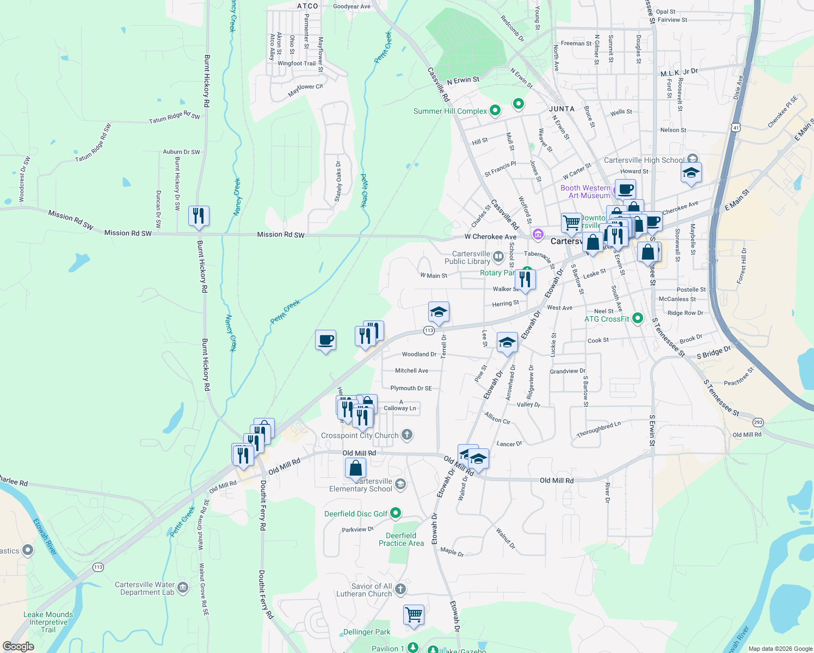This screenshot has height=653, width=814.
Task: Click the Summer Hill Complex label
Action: coord(450,111)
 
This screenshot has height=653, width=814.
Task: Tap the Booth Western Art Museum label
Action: coord(585,192)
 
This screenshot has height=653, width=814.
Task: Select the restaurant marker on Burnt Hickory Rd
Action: coord(199,216)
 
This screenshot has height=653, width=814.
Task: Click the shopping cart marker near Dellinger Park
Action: coord(414,615)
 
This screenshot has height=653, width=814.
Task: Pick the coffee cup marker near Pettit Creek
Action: coord(325,341)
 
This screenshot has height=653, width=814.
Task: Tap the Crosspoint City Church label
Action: coord(360,435)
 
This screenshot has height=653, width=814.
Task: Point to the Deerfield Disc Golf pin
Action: coord(396,513)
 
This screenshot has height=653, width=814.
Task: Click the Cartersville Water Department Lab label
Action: coord(145,588)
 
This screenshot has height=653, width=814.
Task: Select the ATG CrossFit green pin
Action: coord(638,318)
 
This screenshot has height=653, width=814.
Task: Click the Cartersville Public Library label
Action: coord(467,257)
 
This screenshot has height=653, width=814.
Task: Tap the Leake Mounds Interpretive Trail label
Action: coord(48,622)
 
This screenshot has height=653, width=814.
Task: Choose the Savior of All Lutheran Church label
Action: coord(364,590)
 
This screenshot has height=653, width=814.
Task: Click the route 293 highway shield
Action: coord(758,422)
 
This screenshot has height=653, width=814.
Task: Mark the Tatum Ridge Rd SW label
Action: coord(175,118)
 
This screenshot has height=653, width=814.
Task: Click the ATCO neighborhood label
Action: coord(307,6)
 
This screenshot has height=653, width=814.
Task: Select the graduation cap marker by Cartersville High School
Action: coord(690,174)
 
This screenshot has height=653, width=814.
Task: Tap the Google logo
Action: coord(18,646)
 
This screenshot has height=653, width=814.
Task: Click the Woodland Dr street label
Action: coord(419,354)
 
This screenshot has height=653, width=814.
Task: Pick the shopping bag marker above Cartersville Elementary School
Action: coord(355,469)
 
